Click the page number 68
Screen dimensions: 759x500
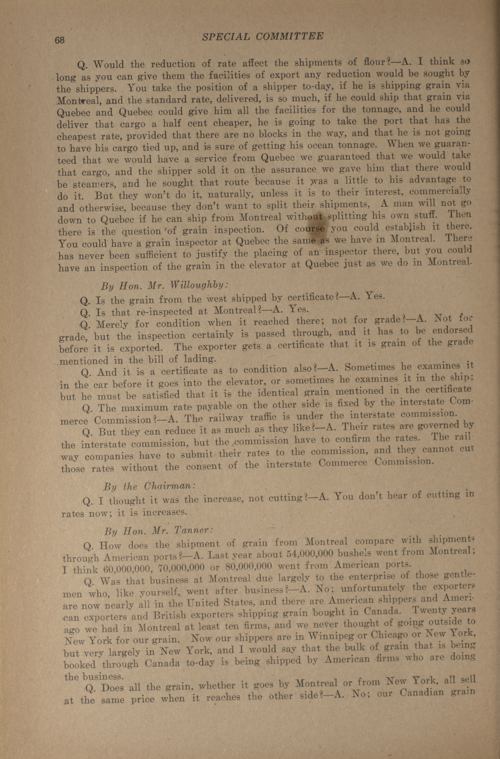pyautogui.click(x=60, y=40)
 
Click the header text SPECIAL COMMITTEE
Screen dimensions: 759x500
pyautogui.click(x=263, y=36)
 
